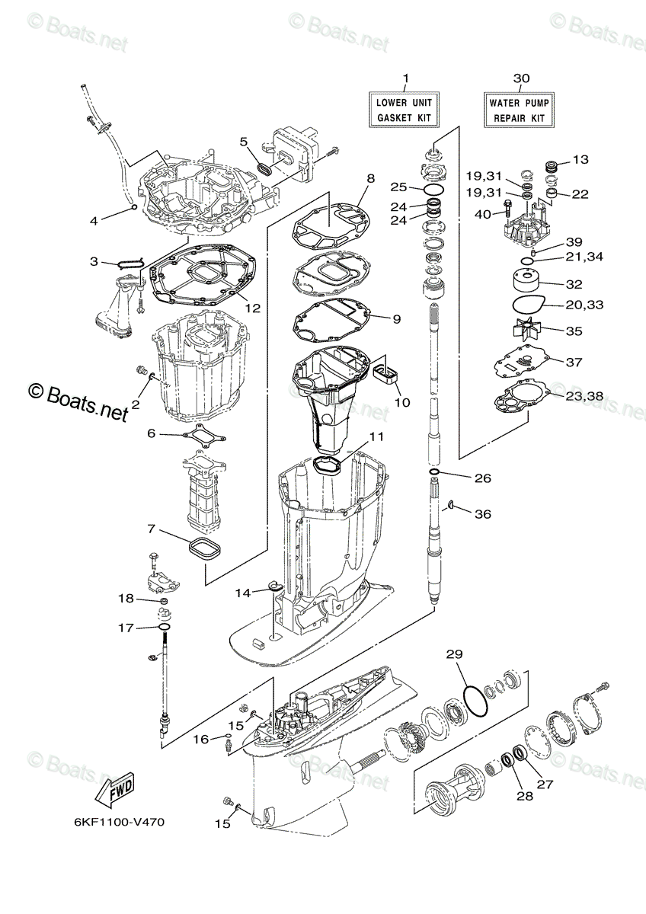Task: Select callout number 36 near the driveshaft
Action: [x=482, y=514]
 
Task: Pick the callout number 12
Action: [x=253, y=308]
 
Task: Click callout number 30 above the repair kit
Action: [x=521, y=78]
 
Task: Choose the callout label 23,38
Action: [x=584, y=396]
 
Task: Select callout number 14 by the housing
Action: [x=243, y=593]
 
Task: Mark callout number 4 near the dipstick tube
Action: [x=94, y=221]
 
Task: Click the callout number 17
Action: [x=125, y=628]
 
